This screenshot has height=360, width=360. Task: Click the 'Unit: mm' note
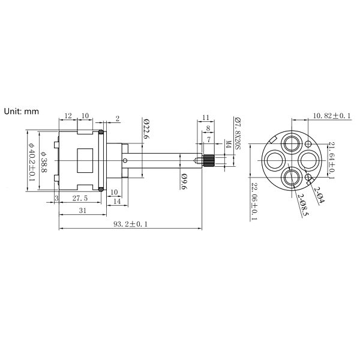(22, 112)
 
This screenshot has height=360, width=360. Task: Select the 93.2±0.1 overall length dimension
(130, 224)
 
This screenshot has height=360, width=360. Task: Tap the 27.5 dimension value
(80, 199)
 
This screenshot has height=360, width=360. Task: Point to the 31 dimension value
(83, 211)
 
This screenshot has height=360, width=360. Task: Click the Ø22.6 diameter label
(146, 128)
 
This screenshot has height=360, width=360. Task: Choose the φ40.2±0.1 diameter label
(31, 161)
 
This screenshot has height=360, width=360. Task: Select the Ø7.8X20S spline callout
(238, 133)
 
